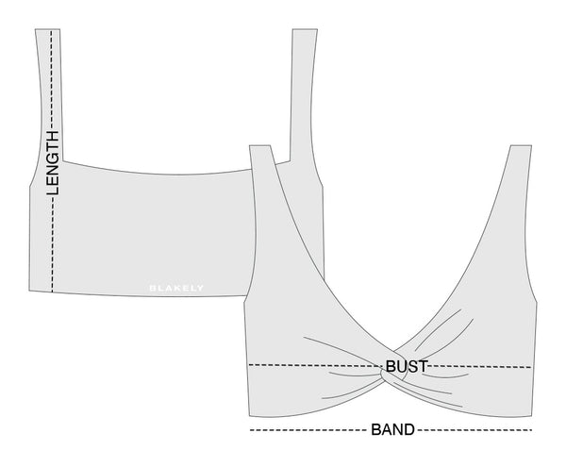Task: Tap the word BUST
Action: [408, 365]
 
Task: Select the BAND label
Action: [391, 430]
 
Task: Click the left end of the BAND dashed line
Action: [249, 430]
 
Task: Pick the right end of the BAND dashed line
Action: [533, 430]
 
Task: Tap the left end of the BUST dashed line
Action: [248, 364]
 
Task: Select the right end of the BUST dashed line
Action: [533, 366]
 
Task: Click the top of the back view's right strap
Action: [302, 30]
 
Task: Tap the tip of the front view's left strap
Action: [259, 146]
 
